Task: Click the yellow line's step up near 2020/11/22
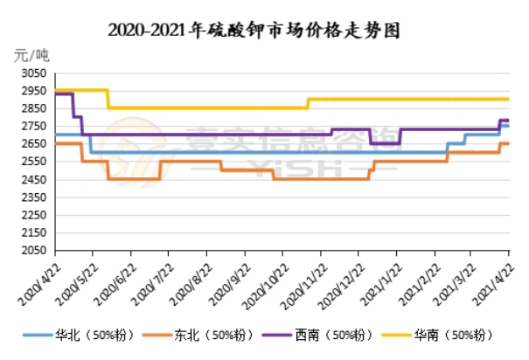[x=309, y=103]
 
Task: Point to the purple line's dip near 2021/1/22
[x=385, y=142]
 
